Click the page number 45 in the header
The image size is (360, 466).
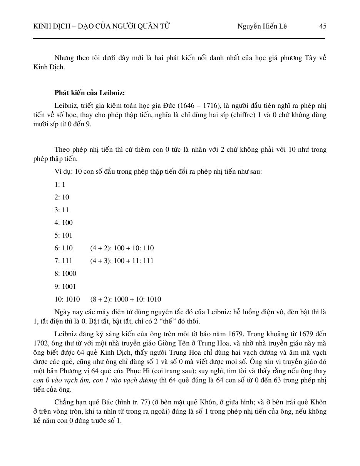323,26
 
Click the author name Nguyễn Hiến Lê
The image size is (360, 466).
262,26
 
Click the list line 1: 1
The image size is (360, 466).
60,184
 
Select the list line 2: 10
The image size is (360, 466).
62,197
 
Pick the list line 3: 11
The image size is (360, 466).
62,210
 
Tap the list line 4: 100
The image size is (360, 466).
64,223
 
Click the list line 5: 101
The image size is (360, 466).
64,235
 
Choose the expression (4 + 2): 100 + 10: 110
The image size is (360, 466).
122,248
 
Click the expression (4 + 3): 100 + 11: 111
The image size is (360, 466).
122,261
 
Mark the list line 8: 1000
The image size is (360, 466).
65,273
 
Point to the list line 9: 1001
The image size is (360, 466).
65,287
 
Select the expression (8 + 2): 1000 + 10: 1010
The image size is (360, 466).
126,299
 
